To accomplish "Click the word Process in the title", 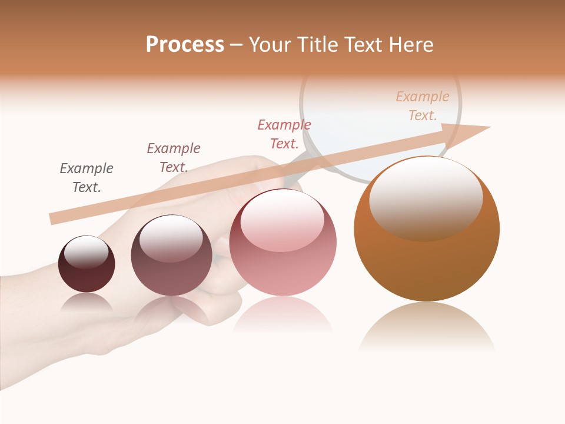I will pyautogui.click(x=185, y=45).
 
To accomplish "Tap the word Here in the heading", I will pyautogui.click(x=410, y=45).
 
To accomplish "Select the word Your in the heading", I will pyautogui.click(x=270, y=45).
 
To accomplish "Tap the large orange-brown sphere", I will pyautogui.click(x=427, y=265).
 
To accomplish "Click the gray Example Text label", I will pyautogui.click(x=87, y=178).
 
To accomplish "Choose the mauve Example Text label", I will pyautogui.click(x=174, y=158).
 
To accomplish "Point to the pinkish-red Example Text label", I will pyautogui.click(x=284, y=134).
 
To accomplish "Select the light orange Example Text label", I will pyautogui.click(x=423, y=106).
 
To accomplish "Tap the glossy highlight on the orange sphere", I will pyautogui.click(x=426, y=198).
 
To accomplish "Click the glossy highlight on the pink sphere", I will pyautogui.click(x=282, y=220).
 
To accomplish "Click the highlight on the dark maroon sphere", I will pyautogui.click(x=86, y=252).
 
